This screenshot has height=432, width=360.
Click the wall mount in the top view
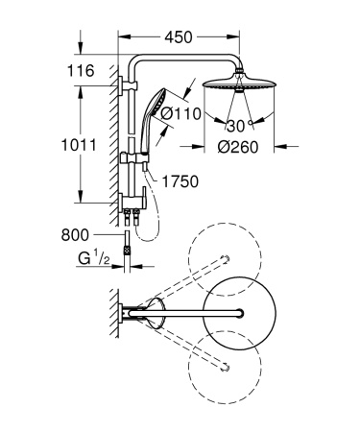pos(132,309)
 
